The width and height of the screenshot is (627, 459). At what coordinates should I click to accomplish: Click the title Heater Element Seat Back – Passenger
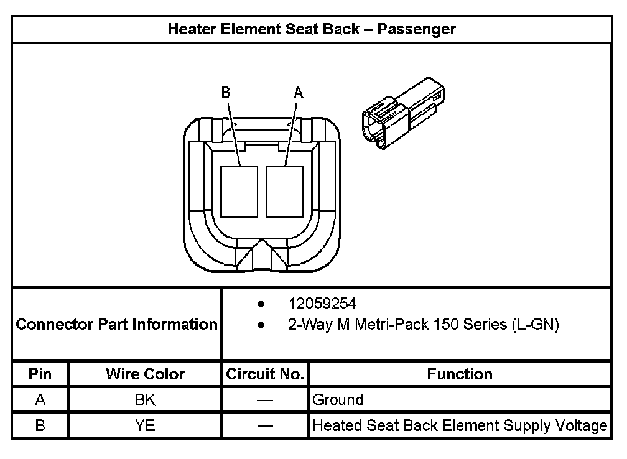pos(312,29)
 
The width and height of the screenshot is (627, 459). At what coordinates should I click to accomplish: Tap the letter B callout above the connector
pos(226,93)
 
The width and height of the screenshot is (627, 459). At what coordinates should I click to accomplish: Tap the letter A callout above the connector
pos(298,93)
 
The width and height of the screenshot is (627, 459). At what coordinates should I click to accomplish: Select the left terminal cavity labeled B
pos(239,192)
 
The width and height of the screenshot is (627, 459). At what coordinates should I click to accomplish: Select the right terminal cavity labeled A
pos(284,192)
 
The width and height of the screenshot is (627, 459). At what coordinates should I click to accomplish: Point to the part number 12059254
pos(322,304)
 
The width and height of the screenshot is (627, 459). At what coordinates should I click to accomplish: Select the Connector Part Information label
pos(116,325)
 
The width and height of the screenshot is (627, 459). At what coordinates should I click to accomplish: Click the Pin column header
pos(40,374)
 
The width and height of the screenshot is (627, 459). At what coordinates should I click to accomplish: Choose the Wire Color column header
pos(145,374)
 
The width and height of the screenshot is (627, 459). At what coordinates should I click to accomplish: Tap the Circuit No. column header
pos(265,374)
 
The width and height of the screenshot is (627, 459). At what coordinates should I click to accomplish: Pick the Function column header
pos(460,374)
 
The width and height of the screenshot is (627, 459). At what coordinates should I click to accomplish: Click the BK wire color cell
pos(145,399)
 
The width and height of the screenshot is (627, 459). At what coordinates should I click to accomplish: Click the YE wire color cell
pos(145,426)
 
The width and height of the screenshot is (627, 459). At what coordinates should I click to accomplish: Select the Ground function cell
pos(338,399)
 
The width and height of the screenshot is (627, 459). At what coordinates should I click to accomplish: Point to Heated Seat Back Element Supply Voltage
pos(460,426)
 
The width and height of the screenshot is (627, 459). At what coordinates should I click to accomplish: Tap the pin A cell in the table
pos(40,399)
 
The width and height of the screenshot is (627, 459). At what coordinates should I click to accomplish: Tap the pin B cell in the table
pos(40,426)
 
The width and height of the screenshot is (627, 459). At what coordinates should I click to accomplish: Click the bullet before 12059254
pos(261,304)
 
